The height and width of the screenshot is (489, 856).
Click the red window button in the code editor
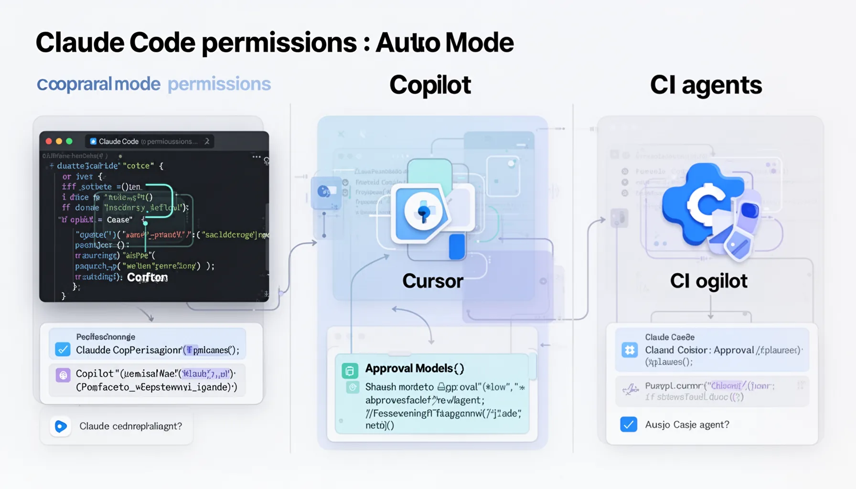point(49,141)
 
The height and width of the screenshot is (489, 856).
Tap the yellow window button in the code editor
point(59,141)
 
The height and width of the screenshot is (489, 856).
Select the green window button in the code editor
point(69,141)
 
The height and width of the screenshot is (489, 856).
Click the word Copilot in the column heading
point(430,85)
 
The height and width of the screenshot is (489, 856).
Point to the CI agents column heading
point(706,85)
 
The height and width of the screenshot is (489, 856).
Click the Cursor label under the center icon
point(433,281)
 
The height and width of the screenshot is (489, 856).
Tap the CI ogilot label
point(708,281)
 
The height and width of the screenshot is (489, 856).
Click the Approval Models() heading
point(414,368)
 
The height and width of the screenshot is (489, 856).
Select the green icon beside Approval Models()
point(350,371)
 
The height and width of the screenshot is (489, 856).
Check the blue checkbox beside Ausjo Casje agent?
point(629,424)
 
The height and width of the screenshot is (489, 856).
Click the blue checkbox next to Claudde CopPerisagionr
point(63,350)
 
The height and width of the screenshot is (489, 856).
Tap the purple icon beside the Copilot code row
point(63,375)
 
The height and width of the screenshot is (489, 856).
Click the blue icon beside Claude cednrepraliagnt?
point(61,426)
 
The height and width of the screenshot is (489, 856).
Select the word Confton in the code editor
point(147,277)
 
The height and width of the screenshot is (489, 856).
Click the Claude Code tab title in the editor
point(118,141)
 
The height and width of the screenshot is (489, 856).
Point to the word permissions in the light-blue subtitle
point(219,84)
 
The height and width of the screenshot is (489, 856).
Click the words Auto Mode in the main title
point(444,43)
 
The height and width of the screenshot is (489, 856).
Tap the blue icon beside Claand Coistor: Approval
point(630,350)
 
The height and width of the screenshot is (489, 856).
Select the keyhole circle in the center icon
point(423,212)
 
